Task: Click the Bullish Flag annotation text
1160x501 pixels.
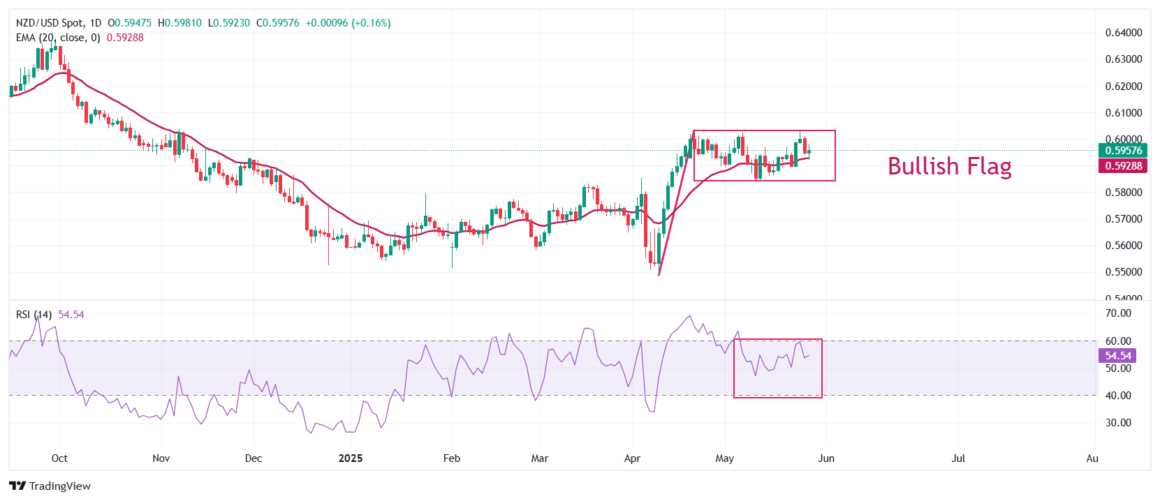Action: (949, 166)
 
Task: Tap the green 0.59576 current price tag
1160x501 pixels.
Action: (1123, 151)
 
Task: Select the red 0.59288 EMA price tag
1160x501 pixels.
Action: (1123, 165)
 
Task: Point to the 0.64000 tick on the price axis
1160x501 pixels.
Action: (1124, 33)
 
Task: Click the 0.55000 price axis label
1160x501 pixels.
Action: (1124, 272)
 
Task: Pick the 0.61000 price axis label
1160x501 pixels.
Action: (1124, 113)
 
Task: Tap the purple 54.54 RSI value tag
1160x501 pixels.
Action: (1117, 356)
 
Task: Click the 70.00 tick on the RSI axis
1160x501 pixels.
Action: (1118, 313)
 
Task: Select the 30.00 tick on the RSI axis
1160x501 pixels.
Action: (1118, 423)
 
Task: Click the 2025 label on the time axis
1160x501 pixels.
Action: (351, 458)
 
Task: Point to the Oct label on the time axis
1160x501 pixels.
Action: (59, 458)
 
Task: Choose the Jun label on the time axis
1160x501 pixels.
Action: (826, 458)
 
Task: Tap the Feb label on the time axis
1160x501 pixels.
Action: (452, 458)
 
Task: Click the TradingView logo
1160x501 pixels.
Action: (50, 486)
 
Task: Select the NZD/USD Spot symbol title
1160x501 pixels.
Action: (48, 23)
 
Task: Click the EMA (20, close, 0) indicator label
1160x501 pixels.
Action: (58, 38)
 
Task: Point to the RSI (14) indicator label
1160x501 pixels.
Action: (34, 315)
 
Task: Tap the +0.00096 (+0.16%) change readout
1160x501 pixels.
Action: (348, 23)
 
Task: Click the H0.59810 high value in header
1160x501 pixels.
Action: (180, 23)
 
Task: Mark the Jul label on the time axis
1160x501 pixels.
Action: (958, 458)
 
